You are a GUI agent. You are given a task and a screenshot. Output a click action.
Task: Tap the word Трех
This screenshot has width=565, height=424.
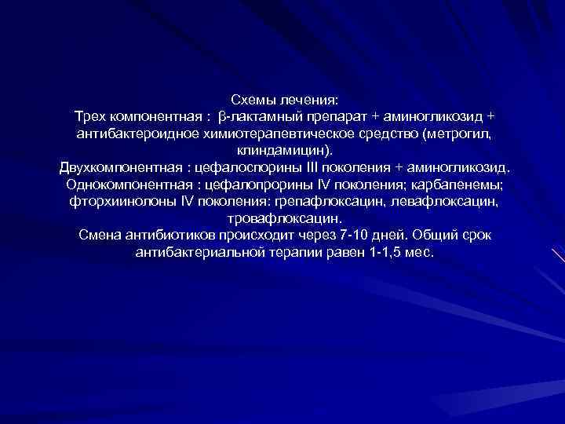[90, 117]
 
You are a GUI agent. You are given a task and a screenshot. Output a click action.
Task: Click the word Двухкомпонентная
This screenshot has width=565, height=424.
[119, 168]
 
